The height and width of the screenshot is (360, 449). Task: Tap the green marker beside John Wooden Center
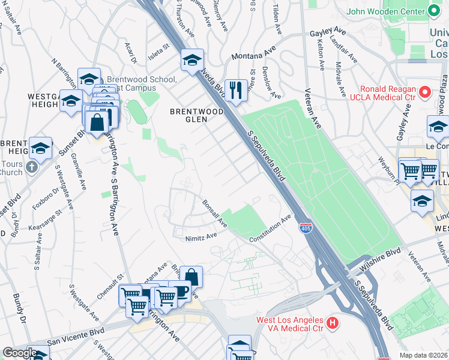pos(433,11)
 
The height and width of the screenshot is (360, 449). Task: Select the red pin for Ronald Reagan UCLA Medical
pos(425,92)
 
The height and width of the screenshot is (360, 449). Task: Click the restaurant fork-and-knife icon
pos(236,91)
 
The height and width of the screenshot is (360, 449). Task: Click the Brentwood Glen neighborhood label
pos(196,115)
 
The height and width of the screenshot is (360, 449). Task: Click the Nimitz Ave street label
pos(200,236)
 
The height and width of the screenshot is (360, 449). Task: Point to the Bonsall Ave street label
pos(214,214)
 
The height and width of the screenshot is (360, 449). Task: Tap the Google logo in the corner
pos(19,352)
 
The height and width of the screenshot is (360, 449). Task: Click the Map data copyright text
pos(424,355)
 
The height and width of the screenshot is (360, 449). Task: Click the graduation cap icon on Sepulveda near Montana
pos(193,60)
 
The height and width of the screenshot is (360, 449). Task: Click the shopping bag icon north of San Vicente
pos(191,277)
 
